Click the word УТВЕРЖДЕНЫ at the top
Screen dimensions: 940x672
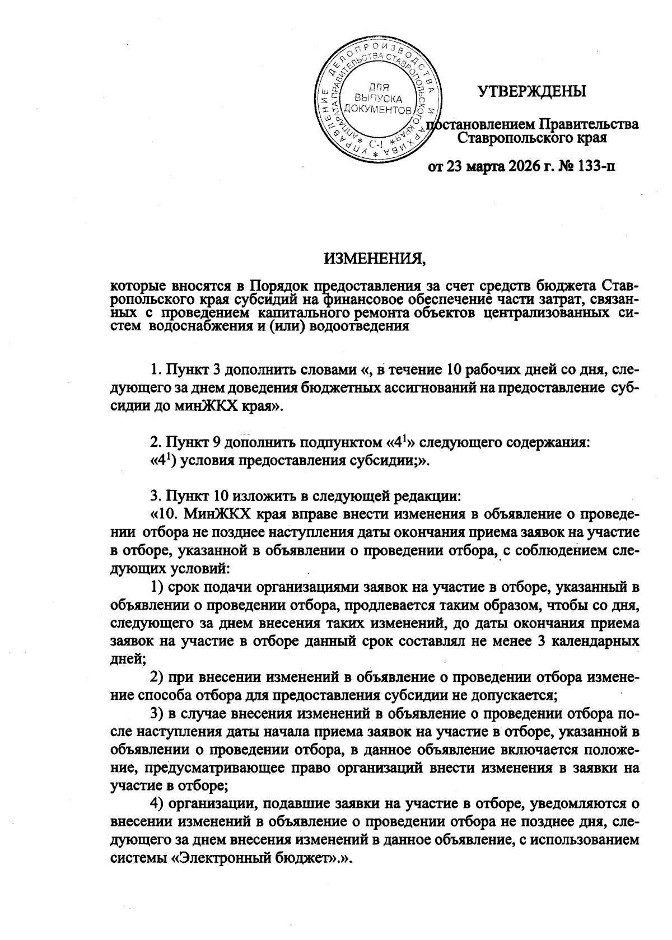531,91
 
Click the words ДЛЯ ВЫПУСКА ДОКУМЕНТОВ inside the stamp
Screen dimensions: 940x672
379,97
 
